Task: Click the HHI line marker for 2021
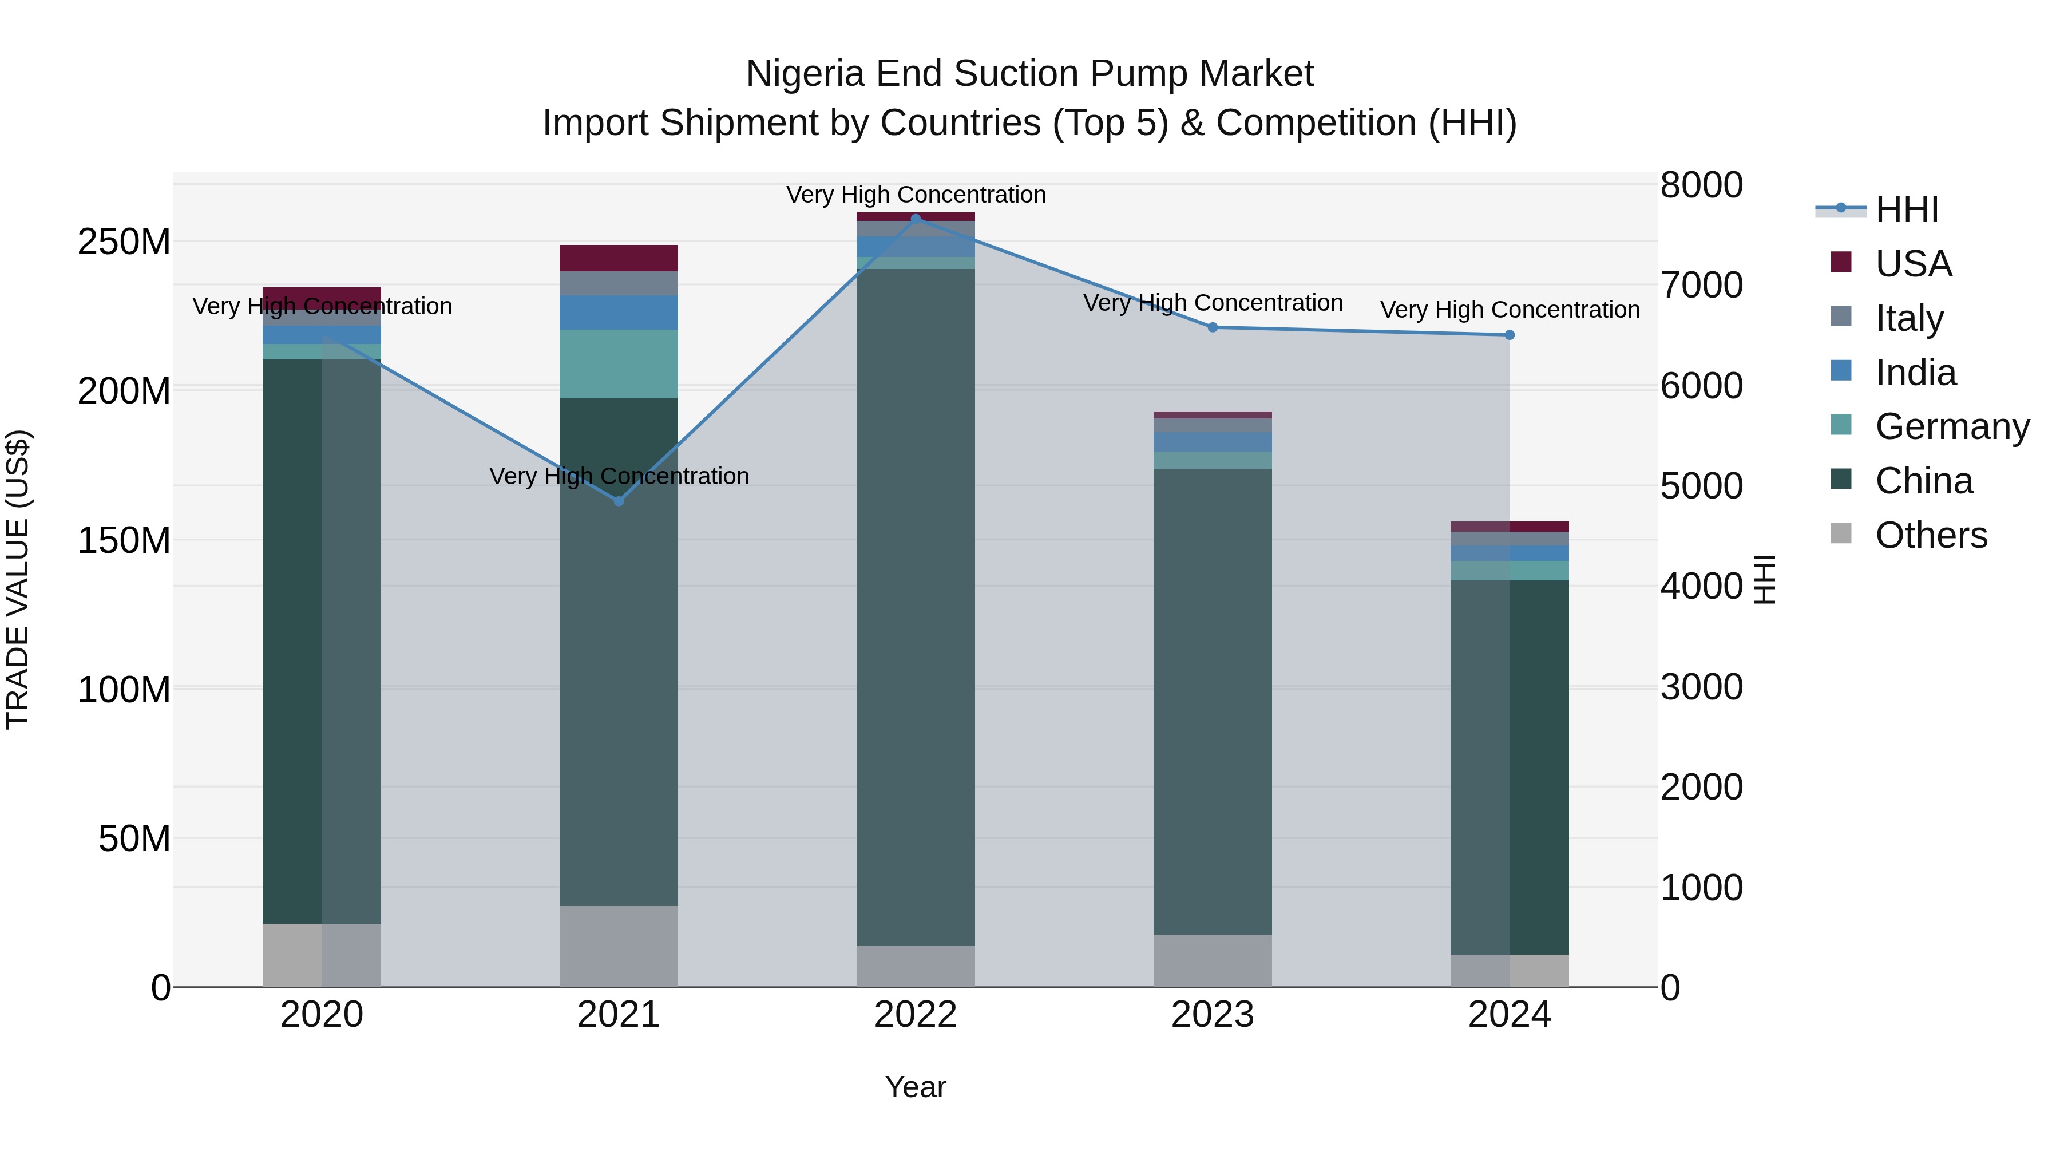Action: tap(618, 501)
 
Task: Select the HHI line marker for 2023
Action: tap(1213, 327)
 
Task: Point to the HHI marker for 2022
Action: tap(916, 219)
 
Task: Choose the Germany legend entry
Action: tap(1951, 426)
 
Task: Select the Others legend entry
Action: tap(1931, 535)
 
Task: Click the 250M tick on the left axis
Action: tap(124, 242)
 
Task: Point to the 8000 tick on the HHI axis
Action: tap(1701, 185)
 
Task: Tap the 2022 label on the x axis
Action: tap(916, 1015)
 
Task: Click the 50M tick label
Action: tap(134, 839)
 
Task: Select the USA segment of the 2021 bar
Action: tap(618, 258)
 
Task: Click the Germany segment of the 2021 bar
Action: tap(618, 364)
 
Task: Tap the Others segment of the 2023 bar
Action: tap(1213, 960)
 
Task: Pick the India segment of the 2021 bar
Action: tap(618, 313)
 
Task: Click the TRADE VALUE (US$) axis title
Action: tap(18, 579)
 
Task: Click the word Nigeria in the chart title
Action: tap(805, 74)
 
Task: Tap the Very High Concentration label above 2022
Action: tap(916, 195)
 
